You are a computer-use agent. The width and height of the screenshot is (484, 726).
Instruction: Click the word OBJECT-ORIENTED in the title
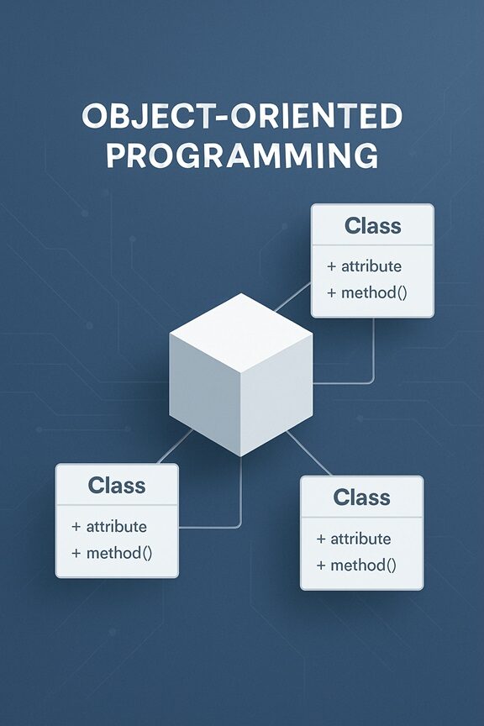click(242, 116)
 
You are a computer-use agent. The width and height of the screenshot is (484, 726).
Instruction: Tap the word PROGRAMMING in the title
click(242, 155)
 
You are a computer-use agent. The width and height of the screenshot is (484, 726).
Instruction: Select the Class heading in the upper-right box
click(373, 226)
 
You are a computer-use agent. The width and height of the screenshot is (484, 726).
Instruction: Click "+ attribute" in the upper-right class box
click(364, 266)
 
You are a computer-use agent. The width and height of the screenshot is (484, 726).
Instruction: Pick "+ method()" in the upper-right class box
click(367, 292)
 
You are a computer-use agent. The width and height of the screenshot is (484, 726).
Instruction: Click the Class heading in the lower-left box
click(117, 486)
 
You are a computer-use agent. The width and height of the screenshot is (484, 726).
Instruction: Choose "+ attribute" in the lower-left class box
click(109, 527)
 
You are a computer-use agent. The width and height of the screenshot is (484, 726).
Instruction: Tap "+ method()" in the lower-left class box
click(112, 553)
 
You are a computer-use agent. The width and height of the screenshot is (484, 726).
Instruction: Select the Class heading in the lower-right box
click(361, 497)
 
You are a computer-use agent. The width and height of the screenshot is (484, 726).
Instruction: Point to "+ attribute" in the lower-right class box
click(354, 539)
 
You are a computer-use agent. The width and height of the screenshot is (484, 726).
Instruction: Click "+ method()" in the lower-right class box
click(356, 565)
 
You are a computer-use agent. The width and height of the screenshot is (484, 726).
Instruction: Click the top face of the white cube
click(241, 333)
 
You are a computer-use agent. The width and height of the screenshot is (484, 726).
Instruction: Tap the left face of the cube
click(205, 393)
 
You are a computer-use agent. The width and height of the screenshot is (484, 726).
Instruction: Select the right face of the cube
click(277, 393)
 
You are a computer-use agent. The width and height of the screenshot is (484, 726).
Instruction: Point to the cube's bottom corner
click(241, 456)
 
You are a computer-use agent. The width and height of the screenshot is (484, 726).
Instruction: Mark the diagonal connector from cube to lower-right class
click(309, 453)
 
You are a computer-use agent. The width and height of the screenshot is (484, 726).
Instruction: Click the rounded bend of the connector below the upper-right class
click(371, 381)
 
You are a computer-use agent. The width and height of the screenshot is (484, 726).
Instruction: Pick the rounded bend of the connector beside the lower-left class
click(238, 524)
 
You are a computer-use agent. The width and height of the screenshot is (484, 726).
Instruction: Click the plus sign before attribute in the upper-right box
click(331, 266)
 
